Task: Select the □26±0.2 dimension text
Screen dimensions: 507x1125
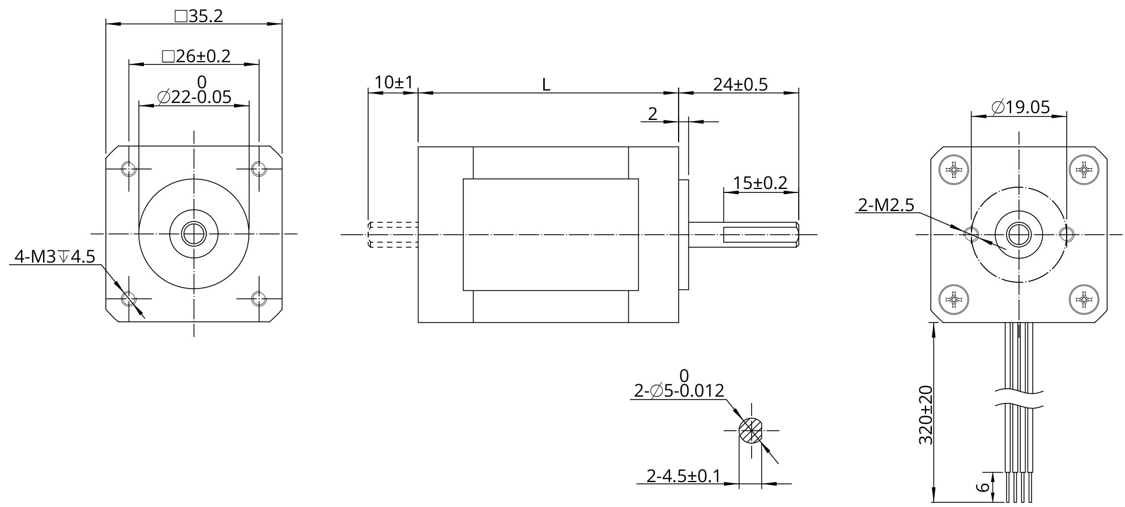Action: [196, 55]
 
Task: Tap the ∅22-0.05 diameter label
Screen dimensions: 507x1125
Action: [194, 97]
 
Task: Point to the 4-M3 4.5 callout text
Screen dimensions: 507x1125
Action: [55, 256]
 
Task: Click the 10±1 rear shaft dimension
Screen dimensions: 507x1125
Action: [393, 83]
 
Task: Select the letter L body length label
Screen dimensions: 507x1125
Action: [546, 85]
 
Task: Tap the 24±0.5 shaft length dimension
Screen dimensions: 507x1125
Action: [740, 84]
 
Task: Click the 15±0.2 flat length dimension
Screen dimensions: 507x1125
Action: [760, 183]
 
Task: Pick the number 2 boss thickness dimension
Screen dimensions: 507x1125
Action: [653, 114]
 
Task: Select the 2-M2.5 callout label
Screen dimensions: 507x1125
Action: [886, 205]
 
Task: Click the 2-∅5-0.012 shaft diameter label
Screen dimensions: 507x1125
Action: [679, 390]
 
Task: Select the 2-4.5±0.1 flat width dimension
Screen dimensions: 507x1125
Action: [683, 476]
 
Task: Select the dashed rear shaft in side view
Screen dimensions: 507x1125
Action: [393, 234]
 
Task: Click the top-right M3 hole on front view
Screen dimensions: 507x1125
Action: [259, 169]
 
